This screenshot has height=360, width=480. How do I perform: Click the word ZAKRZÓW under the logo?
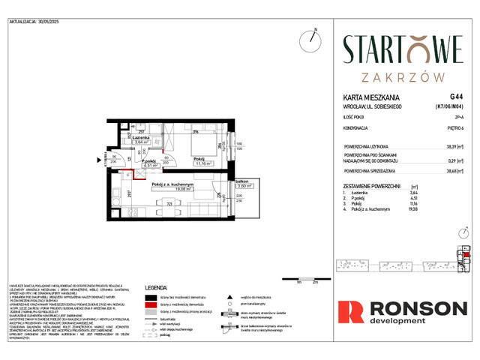pos(403,76)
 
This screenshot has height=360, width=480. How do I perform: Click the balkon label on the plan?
pos(241,181)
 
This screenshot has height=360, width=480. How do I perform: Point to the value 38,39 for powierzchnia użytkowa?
pos(452,148)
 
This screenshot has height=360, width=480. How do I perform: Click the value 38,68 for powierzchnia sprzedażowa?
pos(452,172)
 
